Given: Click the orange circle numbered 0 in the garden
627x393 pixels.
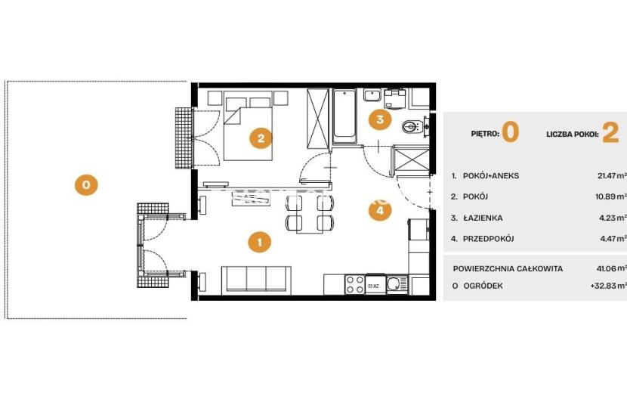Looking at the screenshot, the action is [x=86, y=184].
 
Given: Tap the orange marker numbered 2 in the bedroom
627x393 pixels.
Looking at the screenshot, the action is [x=261, y=138].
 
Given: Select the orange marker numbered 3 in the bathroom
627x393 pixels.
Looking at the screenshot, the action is [x=380, y=119].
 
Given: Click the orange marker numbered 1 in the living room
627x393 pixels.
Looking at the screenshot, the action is [x=260, y=242].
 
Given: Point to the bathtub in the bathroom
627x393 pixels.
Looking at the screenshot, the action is [x=344, y=116].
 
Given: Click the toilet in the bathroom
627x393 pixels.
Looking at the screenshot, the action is [x=412, y=126].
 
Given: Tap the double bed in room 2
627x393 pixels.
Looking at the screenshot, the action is [x=248, y=125].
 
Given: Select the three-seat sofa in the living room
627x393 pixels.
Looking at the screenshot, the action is [x=256, y=279].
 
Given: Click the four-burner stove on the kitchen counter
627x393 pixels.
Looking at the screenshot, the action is [x=355, y=284].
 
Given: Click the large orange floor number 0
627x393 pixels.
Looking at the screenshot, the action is [x=510, y=133].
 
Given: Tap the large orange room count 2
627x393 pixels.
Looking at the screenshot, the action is [x=610, y=133].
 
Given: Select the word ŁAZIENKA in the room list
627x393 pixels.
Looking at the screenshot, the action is [x=483, y=218].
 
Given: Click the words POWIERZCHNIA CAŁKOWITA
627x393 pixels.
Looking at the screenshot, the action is [x=508, y=268].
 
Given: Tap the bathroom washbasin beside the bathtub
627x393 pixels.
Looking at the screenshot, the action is [x=372, y=96].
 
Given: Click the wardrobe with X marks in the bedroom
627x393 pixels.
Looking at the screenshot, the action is [x=317, y=119].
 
